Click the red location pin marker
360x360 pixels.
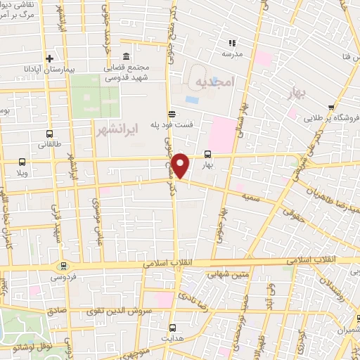click(181, 166)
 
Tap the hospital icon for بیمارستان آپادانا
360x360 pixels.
click(49, 58)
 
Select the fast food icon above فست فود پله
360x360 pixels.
click(172, 114)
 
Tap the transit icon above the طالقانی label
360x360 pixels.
click(49, 133)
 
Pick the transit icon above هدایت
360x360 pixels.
click(172, 328)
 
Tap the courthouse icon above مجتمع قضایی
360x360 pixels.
click(125, 56)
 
